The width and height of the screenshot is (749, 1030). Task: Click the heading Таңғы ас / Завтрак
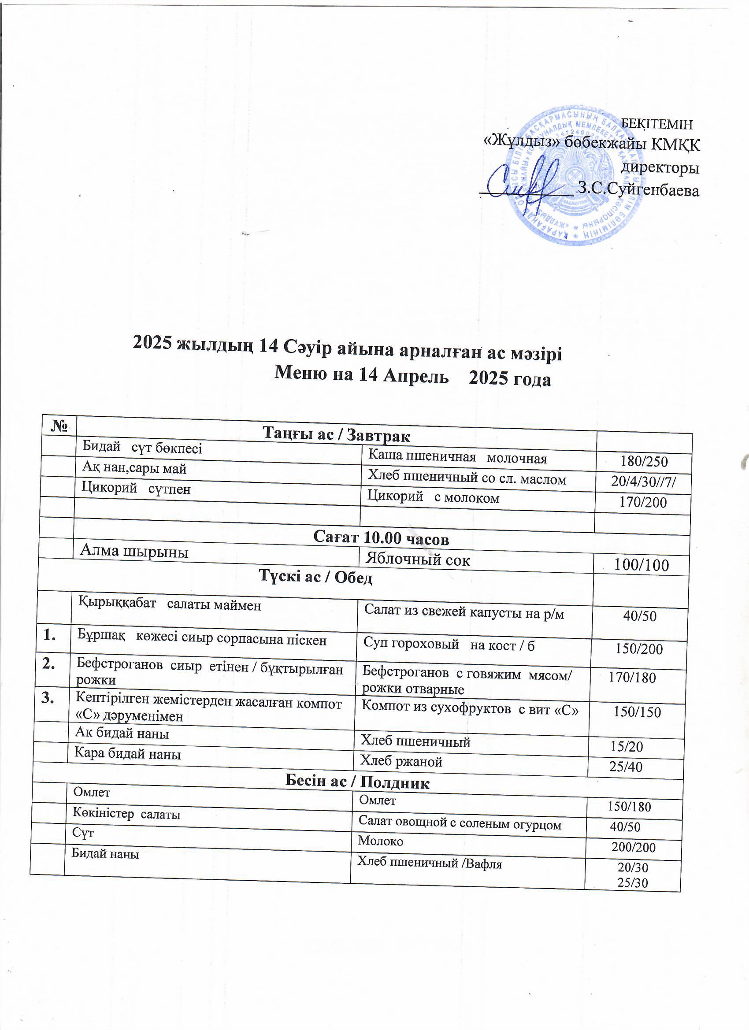tap(336, 435)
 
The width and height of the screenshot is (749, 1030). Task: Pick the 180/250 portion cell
tap(644, 462)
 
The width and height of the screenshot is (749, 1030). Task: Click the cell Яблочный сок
tap(418, 559)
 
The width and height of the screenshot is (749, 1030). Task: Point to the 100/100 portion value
tap(641, 565)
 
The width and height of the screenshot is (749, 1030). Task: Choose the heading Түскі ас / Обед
tap(315, 577)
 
